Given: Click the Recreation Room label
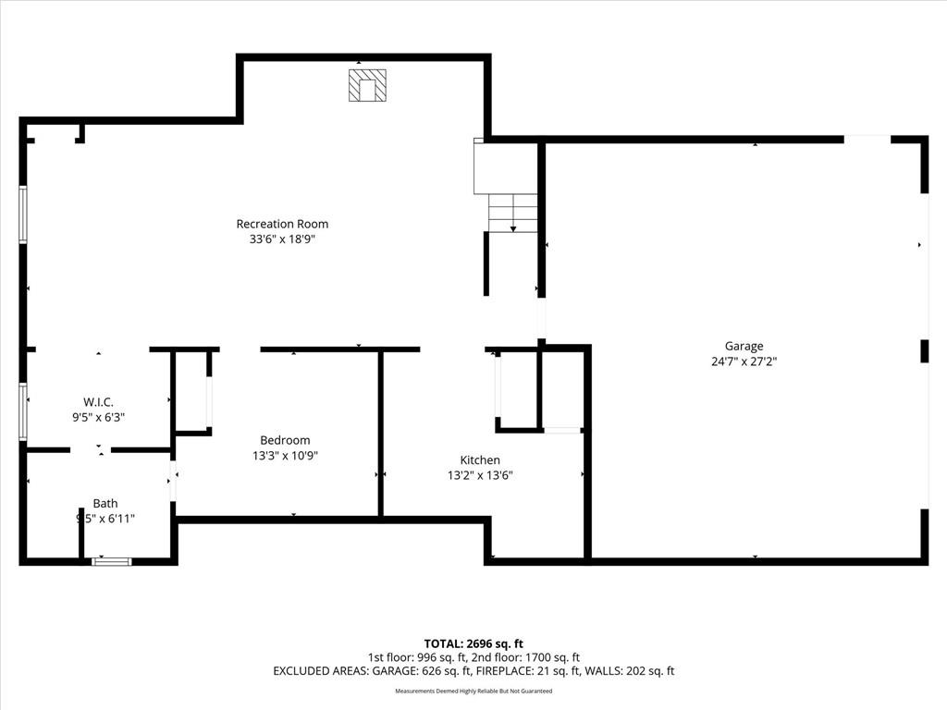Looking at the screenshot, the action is (x=282, y=224).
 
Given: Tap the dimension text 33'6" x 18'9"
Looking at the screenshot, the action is (x=282, y=239).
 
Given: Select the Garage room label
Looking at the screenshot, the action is (x=744, y=347).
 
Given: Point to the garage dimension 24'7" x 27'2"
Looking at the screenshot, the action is (x=744, y=361).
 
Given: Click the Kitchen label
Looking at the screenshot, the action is (x=480, y=460).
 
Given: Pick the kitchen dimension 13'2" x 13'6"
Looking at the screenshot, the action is (x=480, y=475).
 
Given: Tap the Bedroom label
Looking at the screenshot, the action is (x=285, y=440).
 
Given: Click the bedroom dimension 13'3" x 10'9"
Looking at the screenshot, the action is (x=285, y=456).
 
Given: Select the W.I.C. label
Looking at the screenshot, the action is (x=98, y=402).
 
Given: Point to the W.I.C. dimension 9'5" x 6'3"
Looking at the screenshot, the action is (x=98, y=417).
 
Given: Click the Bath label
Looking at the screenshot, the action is (x=105, y=504).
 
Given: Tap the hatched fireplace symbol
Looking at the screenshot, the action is (x=367, y=85).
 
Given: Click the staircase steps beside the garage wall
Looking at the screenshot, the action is (x=512, y=214).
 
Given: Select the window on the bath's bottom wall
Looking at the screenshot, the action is (x=112, y=561).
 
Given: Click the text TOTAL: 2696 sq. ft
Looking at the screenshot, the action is (x=473, y=643).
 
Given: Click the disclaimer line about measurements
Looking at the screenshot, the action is (x=473, y=691).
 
